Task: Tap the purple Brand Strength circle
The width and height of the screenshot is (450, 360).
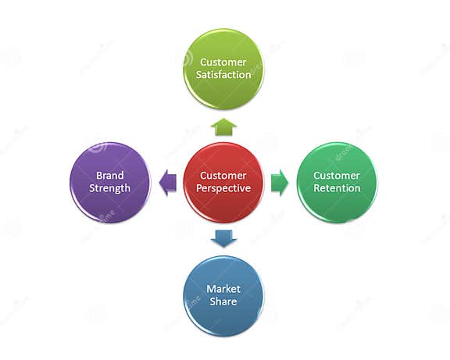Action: coord(109,183)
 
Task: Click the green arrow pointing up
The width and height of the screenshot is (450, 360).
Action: coord(224,127)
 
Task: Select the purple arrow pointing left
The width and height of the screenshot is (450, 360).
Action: coord(167,184)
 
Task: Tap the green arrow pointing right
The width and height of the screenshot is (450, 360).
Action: coord(280,184)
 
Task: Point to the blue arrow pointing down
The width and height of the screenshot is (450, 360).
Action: coord(223,238)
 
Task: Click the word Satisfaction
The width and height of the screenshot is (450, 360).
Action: coord(225,75)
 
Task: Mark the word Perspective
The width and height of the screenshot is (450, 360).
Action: coord(224,189)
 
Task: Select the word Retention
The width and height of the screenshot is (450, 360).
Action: coord(337,188)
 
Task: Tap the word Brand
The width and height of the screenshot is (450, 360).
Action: coord(109,176)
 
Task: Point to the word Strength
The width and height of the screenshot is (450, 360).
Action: coord(109,189)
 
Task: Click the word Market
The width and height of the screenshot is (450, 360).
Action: coord(223,289)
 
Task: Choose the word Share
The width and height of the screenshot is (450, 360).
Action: coord(223,302)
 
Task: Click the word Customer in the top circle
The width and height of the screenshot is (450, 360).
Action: coord(223,62)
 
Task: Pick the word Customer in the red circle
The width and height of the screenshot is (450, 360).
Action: coord(223,176)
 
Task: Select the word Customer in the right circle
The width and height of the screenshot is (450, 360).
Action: coord(337,176)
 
